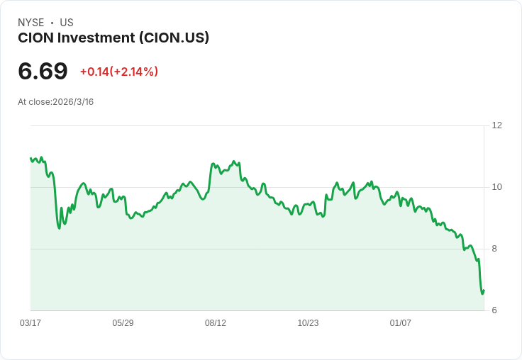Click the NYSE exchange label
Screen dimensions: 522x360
point(31,23)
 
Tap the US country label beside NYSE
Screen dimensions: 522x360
point(67,23)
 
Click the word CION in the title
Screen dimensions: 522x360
point(36,38)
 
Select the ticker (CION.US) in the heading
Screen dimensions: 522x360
point(174,38)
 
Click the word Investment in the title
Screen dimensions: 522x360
point(96,38)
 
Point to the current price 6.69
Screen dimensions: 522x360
point(43,71)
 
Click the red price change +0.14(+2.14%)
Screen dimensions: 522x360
point(119,72)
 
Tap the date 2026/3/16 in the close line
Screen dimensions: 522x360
point(73,102)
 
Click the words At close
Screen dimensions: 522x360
point(35,102)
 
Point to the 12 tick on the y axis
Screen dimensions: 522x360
point(496,125)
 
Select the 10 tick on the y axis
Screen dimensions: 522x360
point(496,187)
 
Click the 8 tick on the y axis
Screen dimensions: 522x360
point(494,249)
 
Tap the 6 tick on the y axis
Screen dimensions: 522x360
point(494,310)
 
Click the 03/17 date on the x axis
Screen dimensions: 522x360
point(30,322)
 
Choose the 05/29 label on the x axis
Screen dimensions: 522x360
point(123,322)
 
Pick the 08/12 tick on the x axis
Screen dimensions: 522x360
point(216,322)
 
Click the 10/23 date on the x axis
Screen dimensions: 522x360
point(308,322)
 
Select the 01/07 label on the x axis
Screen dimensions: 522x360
point(401,322)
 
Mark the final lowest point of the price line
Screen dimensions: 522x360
point(482,294)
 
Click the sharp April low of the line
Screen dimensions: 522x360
point(60,228)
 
